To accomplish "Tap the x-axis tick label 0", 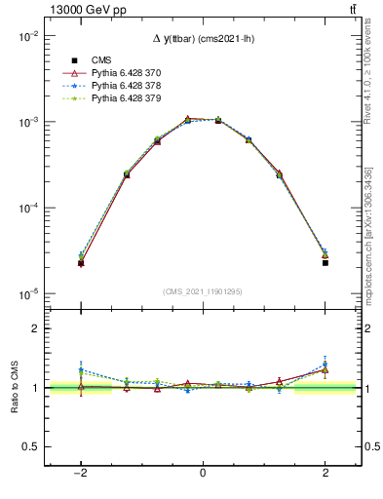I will point(203,473).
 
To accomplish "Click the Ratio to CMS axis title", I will point(15,388).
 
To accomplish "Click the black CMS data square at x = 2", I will point(326,263).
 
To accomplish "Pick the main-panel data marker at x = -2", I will point(80,263).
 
